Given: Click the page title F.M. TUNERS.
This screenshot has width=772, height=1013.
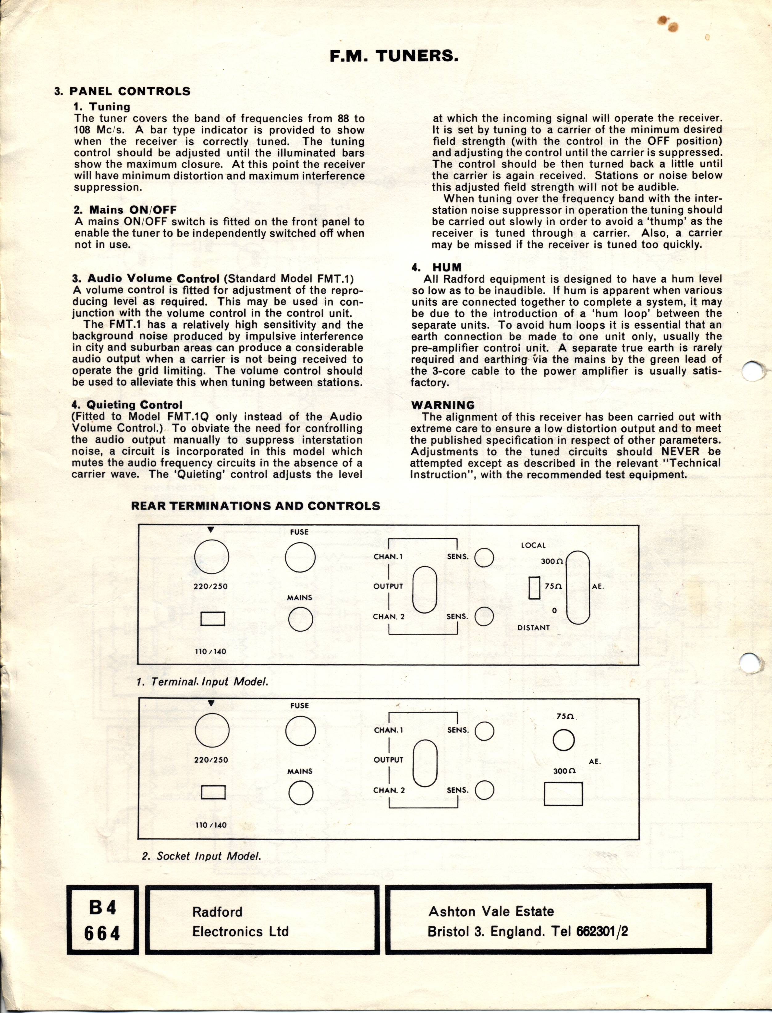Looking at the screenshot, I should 394,56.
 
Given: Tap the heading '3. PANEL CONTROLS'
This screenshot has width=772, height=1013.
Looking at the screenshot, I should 122,91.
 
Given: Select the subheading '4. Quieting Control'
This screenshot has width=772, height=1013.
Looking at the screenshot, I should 127,405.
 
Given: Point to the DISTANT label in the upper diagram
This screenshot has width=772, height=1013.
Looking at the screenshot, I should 534,627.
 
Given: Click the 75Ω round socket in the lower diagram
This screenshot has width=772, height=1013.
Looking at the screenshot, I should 564,740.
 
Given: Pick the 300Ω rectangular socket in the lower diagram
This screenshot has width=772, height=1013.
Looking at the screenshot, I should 563,794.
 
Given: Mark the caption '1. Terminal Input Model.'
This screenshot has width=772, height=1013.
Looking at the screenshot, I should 202,681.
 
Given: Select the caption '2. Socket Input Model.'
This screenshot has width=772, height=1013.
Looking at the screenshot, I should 202,856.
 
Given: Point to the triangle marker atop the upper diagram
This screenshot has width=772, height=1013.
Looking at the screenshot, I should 210,530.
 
